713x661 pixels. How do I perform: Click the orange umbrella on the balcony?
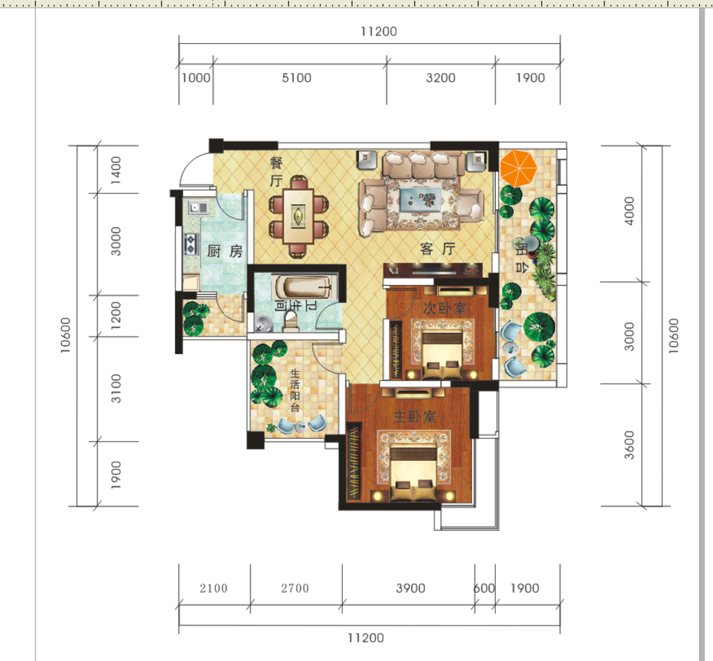pyautogui.click(x=518, y=168)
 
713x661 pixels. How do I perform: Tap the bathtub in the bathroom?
pyautogui.click(x=302, y=287)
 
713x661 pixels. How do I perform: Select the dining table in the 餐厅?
pyautogui.click(x=298, y=217)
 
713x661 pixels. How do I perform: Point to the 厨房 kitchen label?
pyautogui.click(x=225, y=251)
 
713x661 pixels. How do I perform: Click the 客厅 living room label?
pyautogui.click(x=437, y=249)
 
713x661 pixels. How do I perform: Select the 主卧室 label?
pyautogui.click(x=414, y=417)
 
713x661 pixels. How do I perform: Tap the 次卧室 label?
pyautogui.click(x=444, y=309)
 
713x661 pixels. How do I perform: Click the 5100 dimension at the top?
pyautogui.click(x=297, y=78)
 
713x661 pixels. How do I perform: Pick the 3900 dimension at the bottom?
pyautogui.click(x=411, y=588)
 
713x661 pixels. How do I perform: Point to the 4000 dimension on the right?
pyautogui.click(x=629, y=210)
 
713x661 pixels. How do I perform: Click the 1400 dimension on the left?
pyautogui.click(x=116, y=170)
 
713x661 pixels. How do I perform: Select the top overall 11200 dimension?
pyautogui.click(x=379, y=31)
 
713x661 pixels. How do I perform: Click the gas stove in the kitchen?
pyautogui.click(x=191, y=243)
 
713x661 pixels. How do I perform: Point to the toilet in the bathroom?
pyautogui.click(x=290, y=319)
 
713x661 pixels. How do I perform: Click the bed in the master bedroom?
pyautogui.click(x=414, y=474)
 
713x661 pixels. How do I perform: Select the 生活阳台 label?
pyautogui.click(x=295, y=390)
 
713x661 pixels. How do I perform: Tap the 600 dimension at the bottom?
pyautogui.click(x=485, y=588)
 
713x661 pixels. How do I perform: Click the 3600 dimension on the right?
pyautogui.click(x=629, y=445)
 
